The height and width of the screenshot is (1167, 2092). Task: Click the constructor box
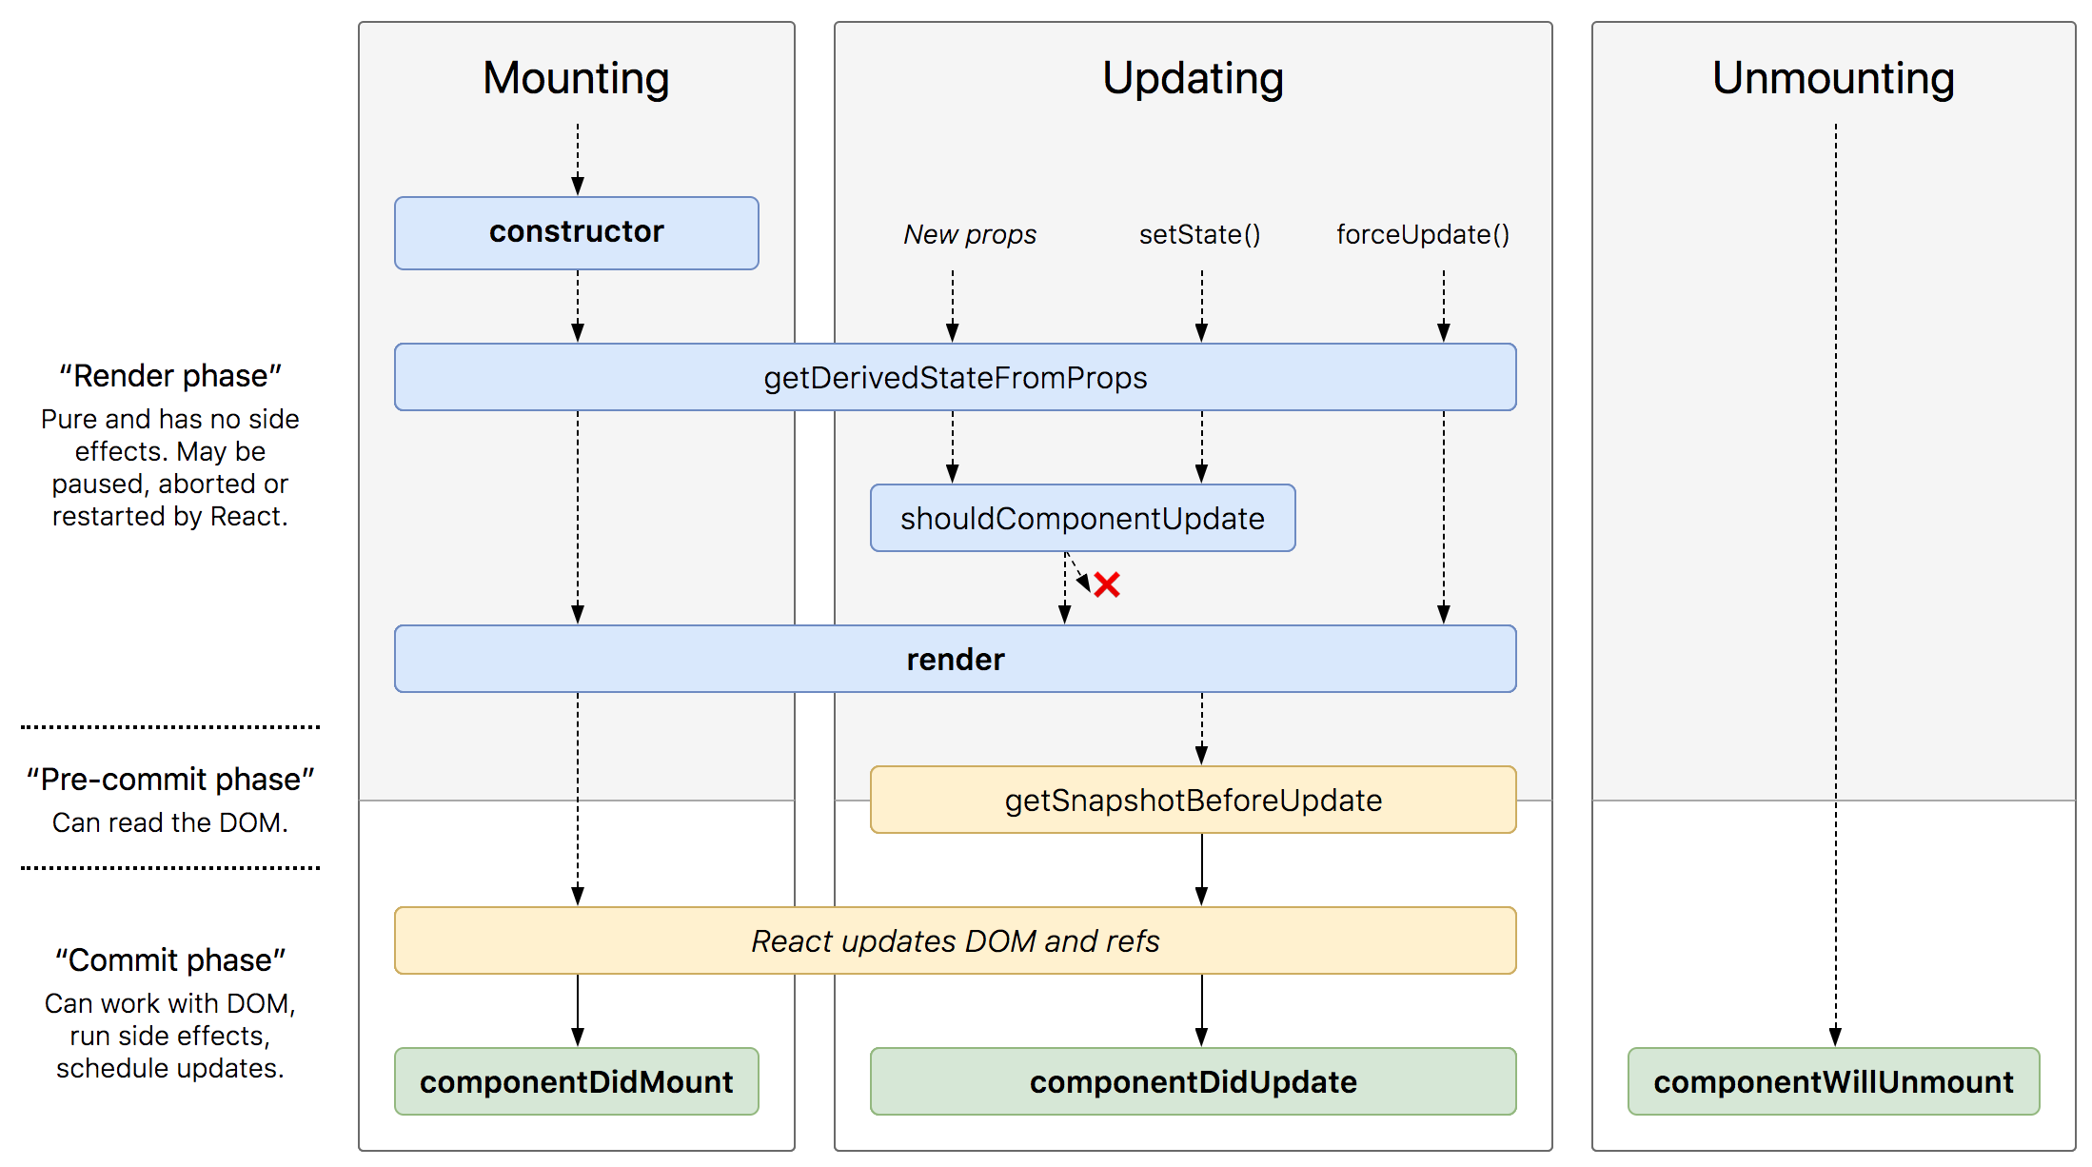(x=576, y=232)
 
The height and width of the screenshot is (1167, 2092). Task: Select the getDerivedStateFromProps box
(x=955, y=377)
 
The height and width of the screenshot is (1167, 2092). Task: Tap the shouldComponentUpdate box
(x=1082, y=518)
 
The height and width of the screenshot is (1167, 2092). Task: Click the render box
(x=955, y=659)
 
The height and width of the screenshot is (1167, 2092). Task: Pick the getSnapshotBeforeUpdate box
(x=1193, y=800)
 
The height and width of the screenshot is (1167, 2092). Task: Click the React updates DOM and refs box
(x=955, y=940)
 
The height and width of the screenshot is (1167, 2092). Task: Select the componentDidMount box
(x=576, y=1081)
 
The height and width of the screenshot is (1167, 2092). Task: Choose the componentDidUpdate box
(x=1193, y=1081)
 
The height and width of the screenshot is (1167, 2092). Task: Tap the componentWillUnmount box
(x=1833, y=1081)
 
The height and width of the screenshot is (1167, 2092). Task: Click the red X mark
(x=1107, y=584)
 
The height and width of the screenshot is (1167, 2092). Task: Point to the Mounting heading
(x=576, y=78)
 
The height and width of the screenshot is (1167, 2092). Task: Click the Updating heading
(x=1193, y=78)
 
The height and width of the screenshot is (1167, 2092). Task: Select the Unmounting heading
(x=1833, y=78)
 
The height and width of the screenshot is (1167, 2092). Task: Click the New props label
(x=970, y=234)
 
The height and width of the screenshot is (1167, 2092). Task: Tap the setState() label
(x=1199, y=234)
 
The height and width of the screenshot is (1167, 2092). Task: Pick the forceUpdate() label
(x=1422, y=234)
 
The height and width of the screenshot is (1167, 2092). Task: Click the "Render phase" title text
(x=170, y=376)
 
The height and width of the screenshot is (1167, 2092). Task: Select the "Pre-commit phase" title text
(x=170, y=780)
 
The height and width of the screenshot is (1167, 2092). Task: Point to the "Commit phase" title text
(x=170, y=960)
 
